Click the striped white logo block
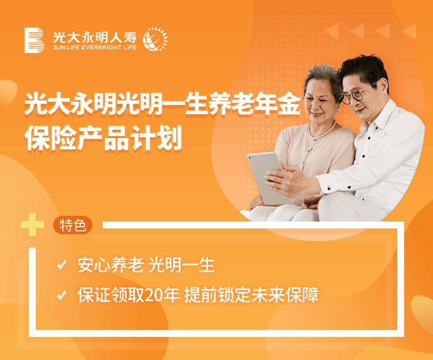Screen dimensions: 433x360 click(x=34, y=40)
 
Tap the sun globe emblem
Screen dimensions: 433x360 click(x=155, y=39)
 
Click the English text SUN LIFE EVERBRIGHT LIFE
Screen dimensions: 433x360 click(x=95, y=47)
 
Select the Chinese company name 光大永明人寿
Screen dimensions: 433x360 click(x=95, y=37)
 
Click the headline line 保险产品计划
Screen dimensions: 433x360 click(x=103, y=138)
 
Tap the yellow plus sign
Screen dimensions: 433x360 click(x=32, y=224)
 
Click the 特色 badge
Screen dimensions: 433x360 click(x=73, y=225)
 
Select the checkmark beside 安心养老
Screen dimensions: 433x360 click(x=61, y=264)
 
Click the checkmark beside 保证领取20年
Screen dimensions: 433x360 click(x=61, y=294)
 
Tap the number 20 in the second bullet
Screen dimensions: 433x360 click(x=154, y=295)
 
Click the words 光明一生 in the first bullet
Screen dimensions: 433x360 click(x=182, y=265)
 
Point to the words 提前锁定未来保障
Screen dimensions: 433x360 click(x=251, y=295)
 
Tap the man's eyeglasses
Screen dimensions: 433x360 click(x=357, y=93)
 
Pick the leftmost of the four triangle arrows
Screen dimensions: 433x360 click(x=331, y=31)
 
